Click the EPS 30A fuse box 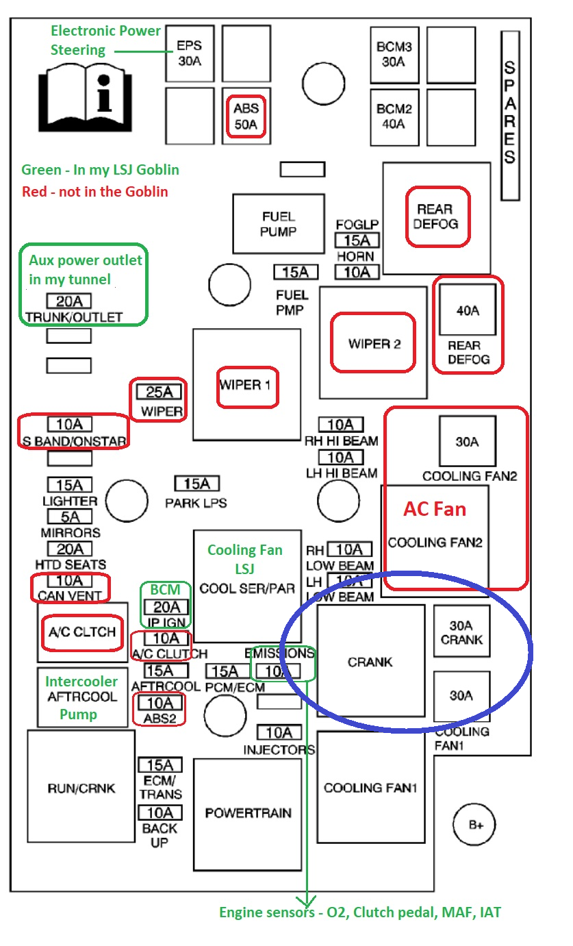point(190,53)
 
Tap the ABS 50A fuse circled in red point(246,116)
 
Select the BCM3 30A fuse point(394,55)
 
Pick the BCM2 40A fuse point(394,117)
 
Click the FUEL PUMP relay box point(279,224)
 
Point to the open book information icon point(86,98)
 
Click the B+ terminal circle point(474,824)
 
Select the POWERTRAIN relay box point(248,814)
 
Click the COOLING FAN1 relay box point(371,787)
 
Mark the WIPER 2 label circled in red point(373,343)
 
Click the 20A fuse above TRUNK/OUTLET point(68,301)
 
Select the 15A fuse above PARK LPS point(197,484)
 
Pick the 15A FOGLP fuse point(357,240)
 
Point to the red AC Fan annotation point(435,509)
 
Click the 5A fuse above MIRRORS point(70,516)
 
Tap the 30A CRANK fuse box point(461,631)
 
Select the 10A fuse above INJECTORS point(279,732)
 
